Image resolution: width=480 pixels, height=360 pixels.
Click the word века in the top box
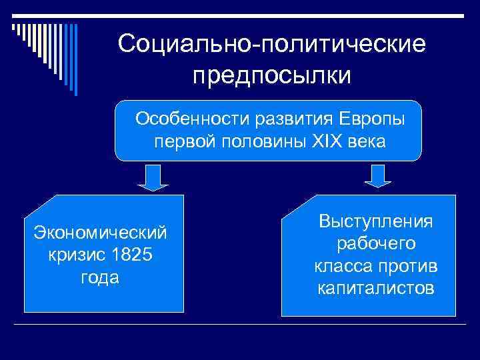click(x=367, y=142)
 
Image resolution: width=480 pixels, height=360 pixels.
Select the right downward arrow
click(x=378, y=177)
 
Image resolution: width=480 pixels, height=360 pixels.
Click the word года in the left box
click(x=100, y=278)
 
